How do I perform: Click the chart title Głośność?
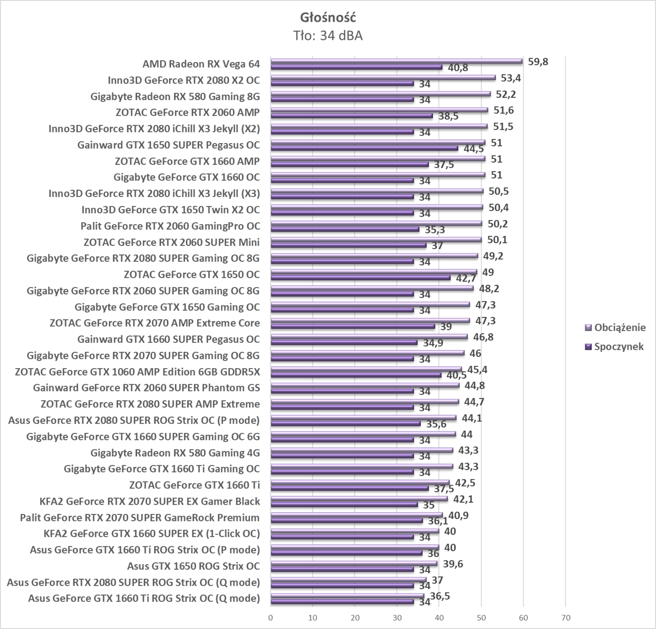click(x=328, y=18)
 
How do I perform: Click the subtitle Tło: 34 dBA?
click(x=328, y=36)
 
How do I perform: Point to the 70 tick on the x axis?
click(x=566, y=618)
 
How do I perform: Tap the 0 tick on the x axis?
click(x=271, y=618)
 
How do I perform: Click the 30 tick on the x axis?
click(x=397, y=618)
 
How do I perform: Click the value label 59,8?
click(x=538, y=62)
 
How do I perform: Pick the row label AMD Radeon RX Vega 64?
click(x=201, y=64)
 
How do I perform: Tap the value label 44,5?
click(x=473, y=149)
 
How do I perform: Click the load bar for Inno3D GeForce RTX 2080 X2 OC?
click(x=383, y=77)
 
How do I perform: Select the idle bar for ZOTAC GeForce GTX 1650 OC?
click(x=360, y=278)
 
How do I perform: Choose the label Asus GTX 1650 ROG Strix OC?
click(x=193, y=566)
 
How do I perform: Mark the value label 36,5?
click(x=440, y=596)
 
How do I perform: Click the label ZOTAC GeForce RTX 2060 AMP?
click(x=187, y=112)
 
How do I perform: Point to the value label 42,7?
click(x=466, y=279)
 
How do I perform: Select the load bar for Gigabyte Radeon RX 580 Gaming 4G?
click(x=362, y=450)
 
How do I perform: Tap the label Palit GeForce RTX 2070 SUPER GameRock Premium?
click(x=140, y=518)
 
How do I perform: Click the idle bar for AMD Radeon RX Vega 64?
click(x=356, y=67)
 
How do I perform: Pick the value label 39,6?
click(x=453, y=564)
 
